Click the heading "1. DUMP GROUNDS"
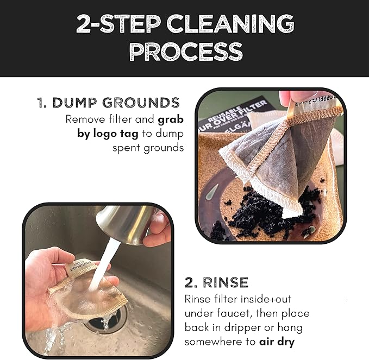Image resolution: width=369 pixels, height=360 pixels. [x=108, y=103]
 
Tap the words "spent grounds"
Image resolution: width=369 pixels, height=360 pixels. [x=148, y=148]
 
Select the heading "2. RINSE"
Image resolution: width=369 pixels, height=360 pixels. [x=216, y=282]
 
